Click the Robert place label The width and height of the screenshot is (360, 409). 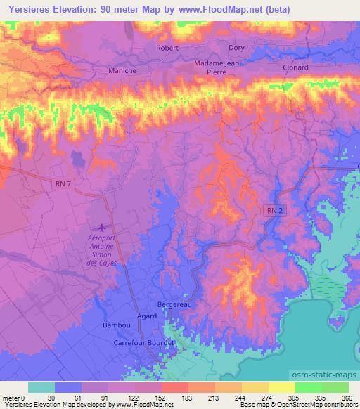(167, 48)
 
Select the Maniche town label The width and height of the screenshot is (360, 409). (122, 70)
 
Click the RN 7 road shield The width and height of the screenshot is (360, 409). (63, 183)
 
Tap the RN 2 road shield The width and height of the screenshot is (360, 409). (274, 210)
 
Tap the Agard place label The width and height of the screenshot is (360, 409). (147, 316)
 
